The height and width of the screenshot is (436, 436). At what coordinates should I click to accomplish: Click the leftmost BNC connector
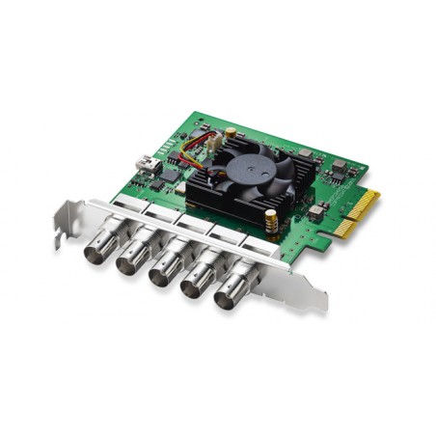click(x=98, y=249)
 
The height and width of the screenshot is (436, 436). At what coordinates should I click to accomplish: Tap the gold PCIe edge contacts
click(x=358, y=214)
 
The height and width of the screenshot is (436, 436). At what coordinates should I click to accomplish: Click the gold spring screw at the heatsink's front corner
click(x=272, y=221)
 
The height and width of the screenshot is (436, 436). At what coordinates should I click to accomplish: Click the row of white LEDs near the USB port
click(x=165, y=149)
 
